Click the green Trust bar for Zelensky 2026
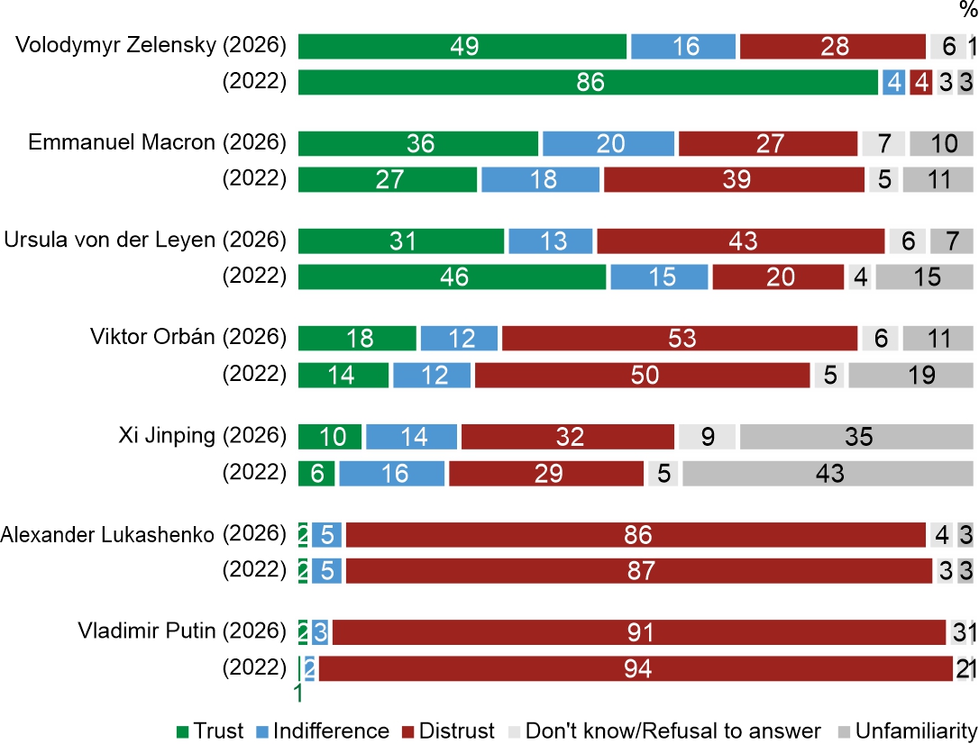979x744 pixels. coord(462,46)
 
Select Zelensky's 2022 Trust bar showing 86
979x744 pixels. coord(588,82)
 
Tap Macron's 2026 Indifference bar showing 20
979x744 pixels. coord(608,144)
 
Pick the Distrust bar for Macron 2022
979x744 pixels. coord(737,179)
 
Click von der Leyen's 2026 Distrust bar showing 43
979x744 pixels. coord(740,241)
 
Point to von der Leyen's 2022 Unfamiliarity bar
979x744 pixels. coord(925,277)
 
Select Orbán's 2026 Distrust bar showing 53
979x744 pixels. coord(680,338)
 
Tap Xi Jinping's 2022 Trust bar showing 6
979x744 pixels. coord(316,472)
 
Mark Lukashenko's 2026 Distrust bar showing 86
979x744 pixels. coord(636,534)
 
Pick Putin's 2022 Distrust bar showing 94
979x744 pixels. coord(636,667)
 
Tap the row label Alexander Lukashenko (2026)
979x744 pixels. coord(143,534)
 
